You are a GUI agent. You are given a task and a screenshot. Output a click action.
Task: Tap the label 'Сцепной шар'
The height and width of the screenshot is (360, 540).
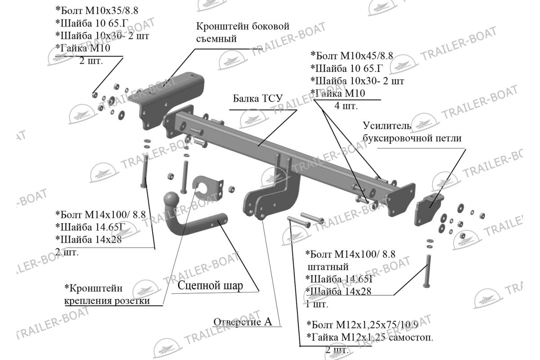coord(210,285)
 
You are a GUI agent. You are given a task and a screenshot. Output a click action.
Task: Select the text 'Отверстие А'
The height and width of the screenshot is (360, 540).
coord(243,322)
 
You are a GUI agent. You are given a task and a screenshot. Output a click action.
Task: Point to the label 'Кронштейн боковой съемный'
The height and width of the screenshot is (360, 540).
coord(242,32)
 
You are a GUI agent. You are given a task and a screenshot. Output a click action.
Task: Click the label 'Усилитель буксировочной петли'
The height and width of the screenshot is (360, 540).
coord(412,132)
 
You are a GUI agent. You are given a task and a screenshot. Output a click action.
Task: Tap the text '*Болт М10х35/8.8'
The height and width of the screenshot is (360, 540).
coord(94,9)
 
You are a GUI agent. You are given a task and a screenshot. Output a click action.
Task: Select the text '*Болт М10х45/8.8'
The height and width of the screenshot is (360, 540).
coord(352,56)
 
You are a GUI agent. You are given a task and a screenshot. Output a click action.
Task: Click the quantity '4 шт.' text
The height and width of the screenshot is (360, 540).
coord(346,106)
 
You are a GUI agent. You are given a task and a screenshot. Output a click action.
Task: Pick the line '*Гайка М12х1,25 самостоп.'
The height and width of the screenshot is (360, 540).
coord(369,337)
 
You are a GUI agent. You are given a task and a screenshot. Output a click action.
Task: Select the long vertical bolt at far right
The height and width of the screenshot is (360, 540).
coord(427,270)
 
